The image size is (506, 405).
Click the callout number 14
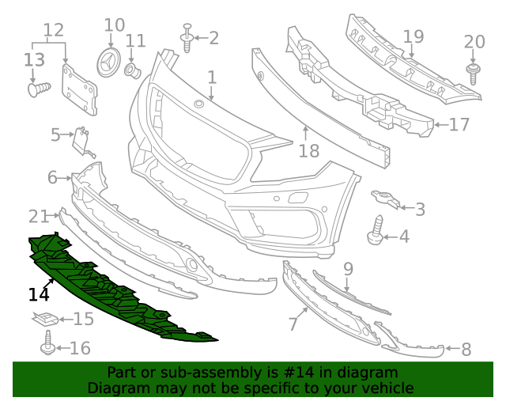(x=39, y=294)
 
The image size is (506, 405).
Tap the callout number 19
(x=413, y=36)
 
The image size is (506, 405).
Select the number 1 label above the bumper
(x=212, y=78)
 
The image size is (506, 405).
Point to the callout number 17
(x=459, y=124)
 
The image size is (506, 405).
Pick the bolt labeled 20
(x=474, y=74)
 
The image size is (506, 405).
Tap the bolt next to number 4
(x=376, y=231)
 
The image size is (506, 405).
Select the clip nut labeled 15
(x=48, y=320)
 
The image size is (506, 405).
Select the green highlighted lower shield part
(x=119, y=293)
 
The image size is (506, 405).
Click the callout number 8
(x=466, y=348)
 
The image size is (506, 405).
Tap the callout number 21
(x=39, y=215)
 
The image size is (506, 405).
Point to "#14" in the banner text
(x=274, y=373)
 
